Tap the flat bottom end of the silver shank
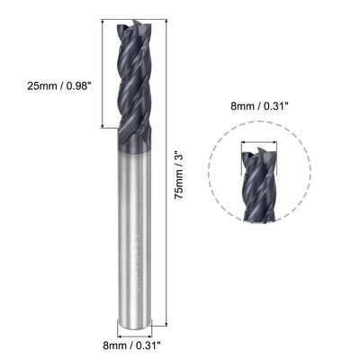tap(140, 319)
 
